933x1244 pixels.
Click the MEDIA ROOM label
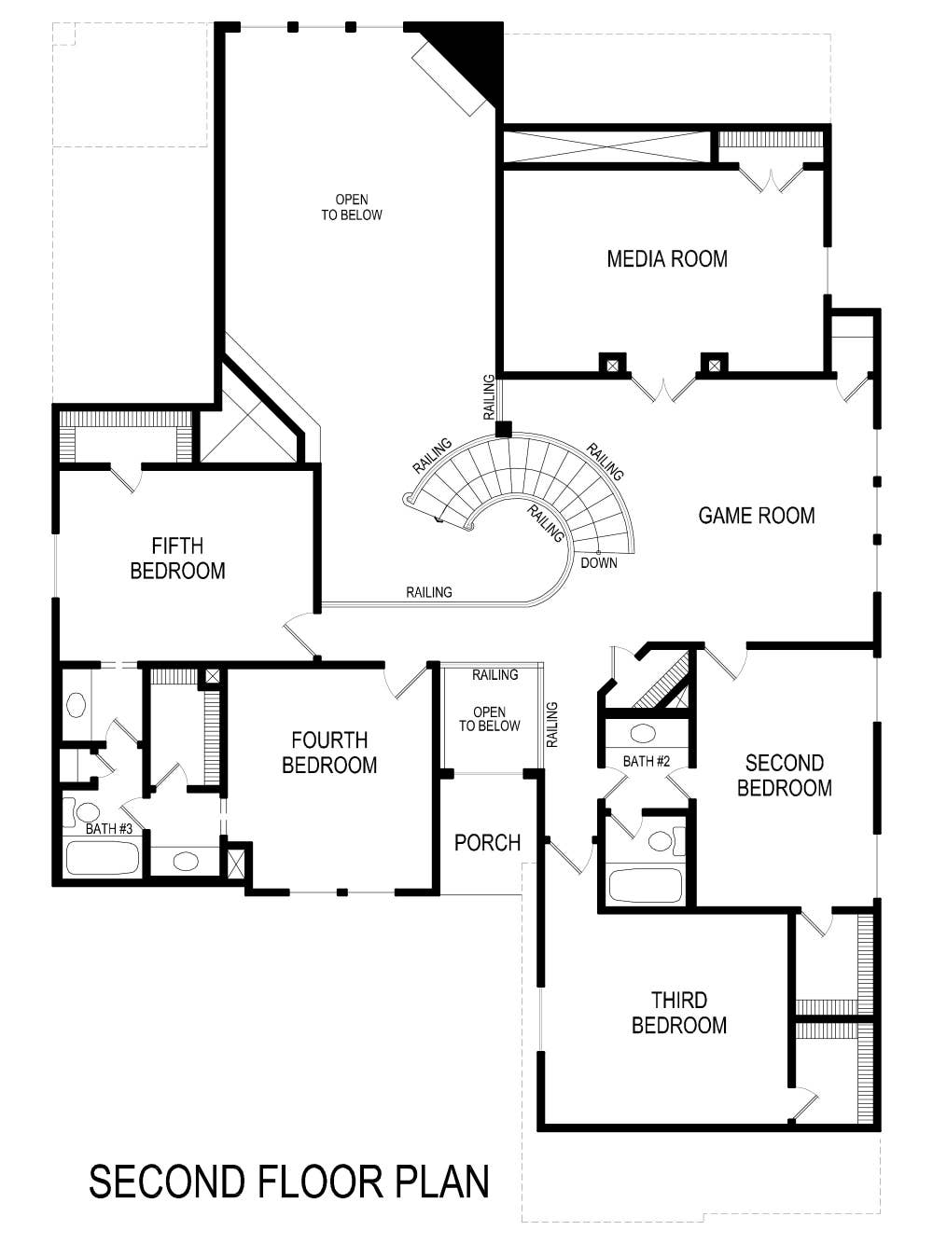(667, 259)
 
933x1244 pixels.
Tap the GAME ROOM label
(756, 516)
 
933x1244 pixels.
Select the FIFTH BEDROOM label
(177, 559)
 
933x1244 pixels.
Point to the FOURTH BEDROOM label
(329, 753)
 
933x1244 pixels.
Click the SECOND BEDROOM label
(784, 776)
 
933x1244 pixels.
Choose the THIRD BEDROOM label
(678, 1013)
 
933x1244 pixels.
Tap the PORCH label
(487, 843)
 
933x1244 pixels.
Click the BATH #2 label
(647, 762)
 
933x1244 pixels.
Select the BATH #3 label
(109, 829)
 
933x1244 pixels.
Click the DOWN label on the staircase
(598, 563)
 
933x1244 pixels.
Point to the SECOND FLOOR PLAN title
(289, 1182)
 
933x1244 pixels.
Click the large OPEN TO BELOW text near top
(352, 207)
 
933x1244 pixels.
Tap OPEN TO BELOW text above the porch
(489, 719)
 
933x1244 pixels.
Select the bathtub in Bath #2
(645, 885)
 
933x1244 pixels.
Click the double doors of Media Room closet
(771, 180)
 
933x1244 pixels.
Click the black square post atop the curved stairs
(504, 429)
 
